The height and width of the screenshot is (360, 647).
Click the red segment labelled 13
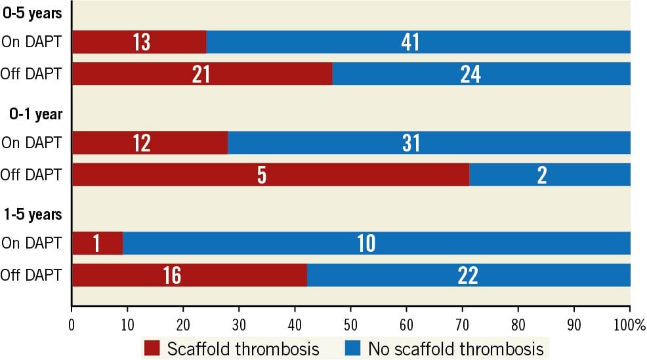[139, 42]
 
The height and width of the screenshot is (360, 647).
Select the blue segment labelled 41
[418, 42]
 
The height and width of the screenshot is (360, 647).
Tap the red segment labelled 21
[201, 74]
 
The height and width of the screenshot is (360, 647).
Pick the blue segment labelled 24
[481, 74]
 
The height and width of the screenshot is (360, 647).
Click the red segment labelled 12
[150, 143]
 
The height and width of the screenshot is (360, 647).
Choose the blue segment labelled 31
[428, 143]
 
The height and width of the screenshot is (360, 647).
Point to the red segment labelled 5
[270, 175]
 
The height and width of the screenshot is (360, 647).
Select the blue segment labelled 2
[550, 175]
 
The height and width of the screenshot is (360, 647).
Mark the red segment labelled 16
[189, 275]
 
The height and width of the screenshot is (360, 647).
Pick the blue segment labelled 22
[469, 275]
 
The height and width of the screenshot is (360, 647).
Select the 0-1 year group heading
[35, 113]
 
